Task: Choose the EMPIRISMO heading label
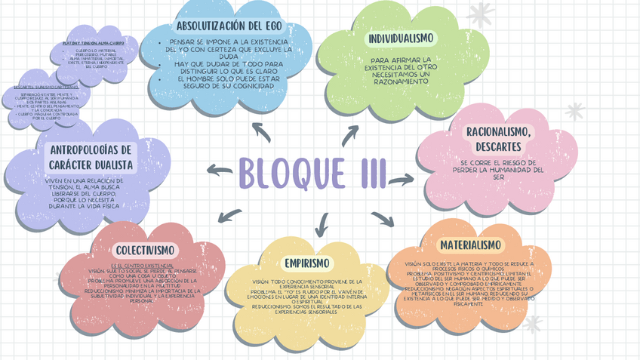(x=307, y=263)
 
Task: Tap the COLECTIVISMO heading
(x=146, y=250)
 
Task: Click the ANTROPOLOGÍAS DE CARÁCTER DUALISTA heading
(x=91, y=157)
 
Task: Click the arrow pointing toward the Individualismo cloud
(x=350, y=136)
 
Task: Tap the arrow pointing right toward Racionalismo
(x=401, y=180)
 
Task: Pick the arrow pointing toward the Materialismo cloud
(x=383, y=219)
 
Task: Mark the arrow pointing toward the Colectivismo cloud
(x=229, y=217)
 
